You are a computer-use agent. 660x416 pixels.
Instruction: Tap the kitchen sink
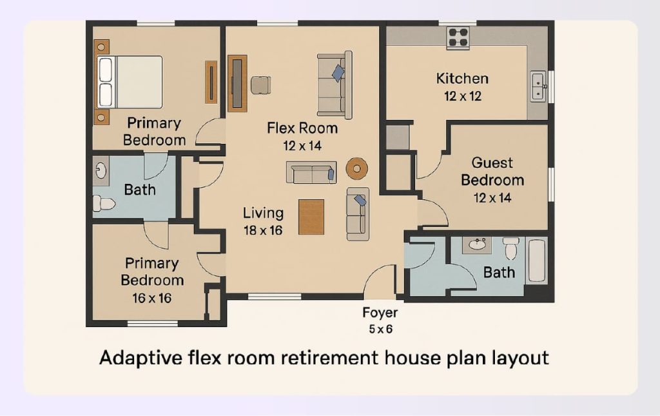click(x=538, y=86)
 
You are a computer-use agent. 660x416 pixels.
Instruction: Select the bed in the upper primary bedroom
click(x=130, y=82)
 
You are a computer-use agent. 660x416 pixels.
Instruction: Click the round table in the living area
click(x=356, y=168)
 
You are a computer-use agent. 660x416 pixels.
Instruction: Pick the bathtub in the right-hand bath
click(x=536, y=261)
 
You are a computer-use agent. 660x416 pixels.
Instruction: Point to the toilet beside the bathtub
click(x=511, y=248)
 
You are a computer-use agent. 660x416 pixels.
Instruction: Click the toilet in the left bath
click(x=103, y=204)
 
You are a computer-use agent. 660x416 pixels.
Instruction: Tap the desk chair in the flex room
click(x=260, y=84)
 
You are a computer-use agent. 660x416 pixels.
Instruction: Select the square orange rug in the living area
click(x=311, y=217)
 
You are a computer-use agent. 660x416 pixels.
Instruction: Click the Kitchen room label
click(x=462, y=79)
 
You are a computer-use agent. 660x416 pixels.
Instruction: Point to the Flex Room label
click(x=302, y=128)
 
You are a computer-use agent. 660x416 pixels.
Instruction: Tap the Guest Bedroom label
click(x=492, y=171)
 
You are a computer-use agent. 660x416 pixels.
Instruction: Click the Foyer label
click(x=380, y=313)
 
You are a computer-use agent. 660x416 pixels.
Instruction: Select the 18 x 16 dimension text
click(x=262, y=230)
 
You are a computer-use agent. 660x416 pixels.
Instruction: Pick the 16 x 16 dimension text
click(x=152, y=298)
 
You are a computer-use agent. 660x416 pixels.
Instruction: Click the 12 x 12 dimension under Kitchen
click(x=462, y=97)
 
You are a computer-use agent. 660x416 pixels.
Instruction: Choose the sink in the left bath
click(x=101, y=170)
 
